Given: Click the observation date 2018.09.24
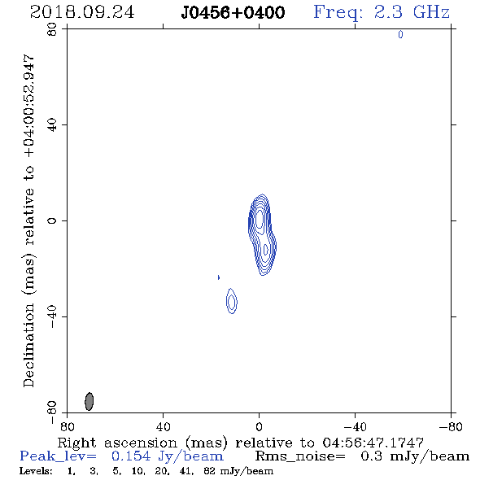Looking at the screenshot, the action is (82, 12).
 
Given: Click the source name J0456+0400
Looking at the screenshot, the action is (233, 13).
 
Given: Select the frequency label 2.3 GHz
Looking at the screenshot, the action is (412, 12).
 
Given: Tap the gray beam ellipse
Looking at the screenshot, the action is (89, 401).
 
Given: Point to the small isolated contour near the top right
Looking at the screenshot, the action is (400, 35).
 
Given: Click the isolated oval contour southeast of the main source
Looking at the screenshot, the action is (232, 301).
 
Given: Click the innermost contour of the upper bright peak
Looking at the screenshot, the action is (260, 219).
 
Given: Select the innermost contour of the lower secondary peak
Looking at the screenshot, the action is (266, 250).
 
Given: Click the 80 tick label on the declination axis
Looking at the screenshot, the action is (52, 29).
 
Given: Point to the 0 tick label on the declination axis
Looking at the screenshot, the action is (52, 220).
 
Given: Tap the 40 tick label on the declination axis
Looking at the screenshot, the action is (52, 125).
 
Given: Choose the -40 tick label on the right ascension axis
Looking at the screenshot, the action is (355, 426).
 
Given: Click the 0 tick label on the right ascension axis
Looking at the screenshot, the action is (259, 426).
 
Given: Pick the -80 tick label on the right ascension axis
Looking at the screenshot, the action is (451, 426).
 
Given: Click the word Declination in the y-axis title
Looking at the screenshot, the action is (28, 345).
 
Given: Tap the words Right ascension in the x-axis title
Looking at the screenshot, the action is (117, 443).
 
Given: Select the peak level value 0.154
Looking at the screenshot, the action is (131, 456).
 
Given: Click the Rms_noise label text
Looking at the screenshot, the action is (300, 456).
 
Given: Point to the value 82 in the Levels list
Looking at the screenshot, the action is (209, 471).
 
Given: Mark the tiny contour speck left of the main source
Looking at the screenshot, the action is (219, 277).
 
